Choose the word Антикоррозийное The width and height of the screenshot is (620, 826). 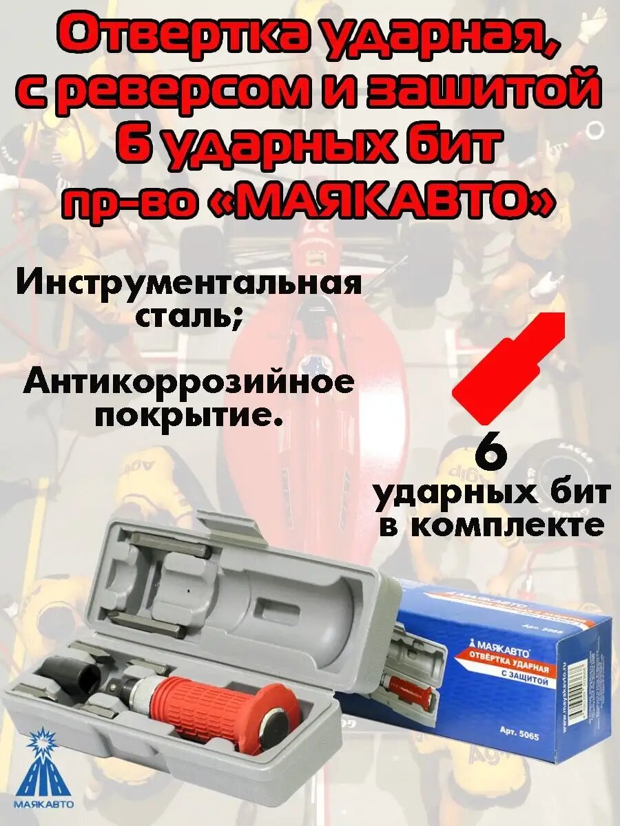tap(189, 383)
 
